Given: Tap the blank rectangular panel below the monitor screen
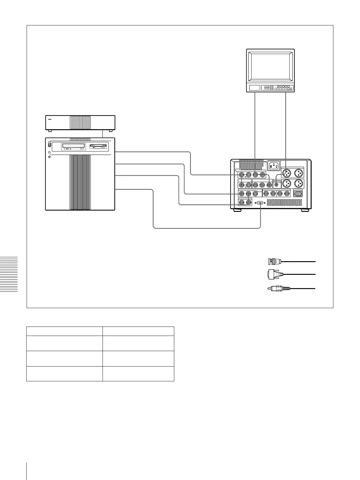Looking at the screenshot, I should (254, 88).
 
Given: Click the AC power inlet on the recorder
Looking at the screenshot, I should (273, 165).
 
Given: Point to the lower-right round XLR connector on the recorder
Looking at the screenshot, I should (299, 183).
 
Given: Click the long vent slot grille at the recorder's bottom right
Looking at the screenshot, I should (284, 202).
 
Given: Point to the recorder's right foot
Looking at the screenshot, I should (305, 210).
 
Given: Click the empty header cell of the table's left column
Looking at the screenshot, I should (64, 331).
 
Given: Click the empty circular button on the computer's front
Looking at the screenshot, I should (50, 157).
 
